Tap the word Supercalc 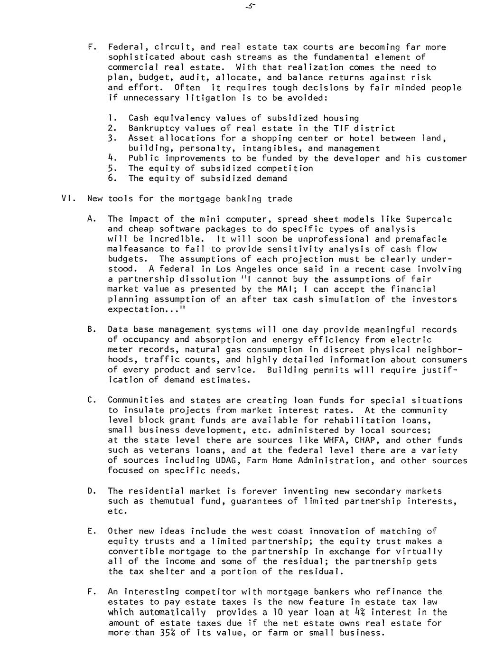pos(429,219)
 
